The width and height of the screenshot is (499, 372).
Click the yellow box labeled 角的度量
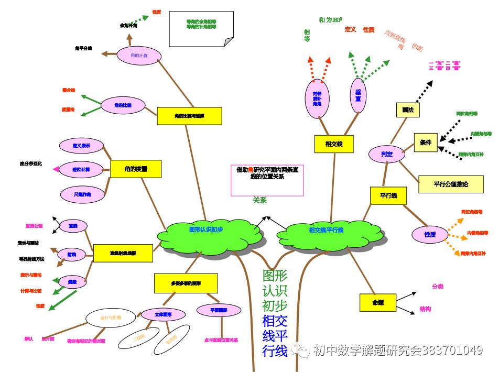(136, 169)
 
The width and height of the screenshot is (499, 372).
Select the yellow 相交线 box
(334, 144)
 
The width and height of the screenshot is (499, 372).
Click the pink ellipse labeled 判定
(387, 154)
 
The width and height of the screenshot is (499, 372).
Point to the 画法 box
(407, 110)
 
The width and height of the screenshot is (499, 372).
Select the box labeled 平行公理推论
(451, 184)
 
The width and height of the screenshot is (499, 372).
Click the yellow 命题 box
(377, 302)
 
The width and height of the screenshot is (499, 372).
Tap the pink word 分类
(438, 287)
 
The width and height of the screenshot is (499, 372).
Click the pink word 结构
(425, 309)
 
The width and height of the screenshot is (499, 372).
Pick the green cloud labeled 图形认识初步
(206, 230)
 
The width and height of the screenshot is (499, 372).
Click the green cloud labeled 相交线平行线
(326, 230)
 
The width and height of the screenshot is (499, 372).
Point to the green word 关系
(260, 200)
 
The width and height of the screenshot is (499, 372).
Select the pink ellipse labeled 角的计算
(139, 55)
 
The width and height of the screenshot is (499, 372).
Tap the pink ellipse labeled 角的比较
(123, 105)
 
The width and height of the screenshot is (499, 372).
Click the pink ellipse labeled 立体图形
(163, 314)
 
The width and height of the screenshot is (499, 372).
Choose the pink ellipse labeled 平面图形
(219, 311)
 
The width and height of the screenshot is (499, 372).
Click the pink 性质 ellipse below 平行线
(430, 234)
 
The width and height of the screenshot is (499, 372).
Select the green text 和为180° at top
(330, 20)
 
